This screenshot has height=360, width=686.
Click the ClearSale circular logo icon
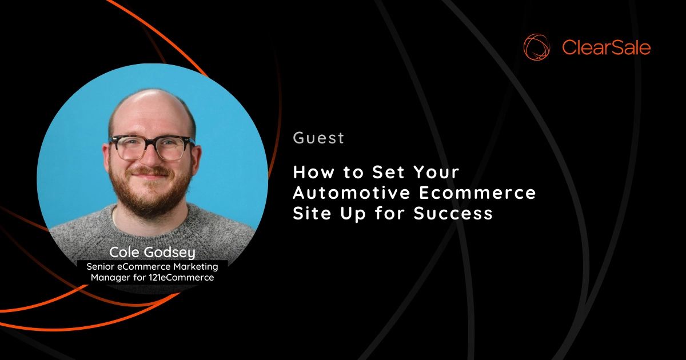tap(537, 47)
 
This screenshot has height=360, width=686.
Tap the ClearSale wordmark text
tap(606, 47)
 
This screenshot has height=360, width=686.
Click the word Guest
tap(318, 138)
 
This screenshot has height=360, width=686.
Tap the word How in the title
tap(312, 172)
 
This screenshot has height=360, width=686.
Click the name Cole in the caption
tap(125, 253)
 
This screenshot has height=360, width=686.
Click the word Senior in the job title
tap(101, 266)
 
